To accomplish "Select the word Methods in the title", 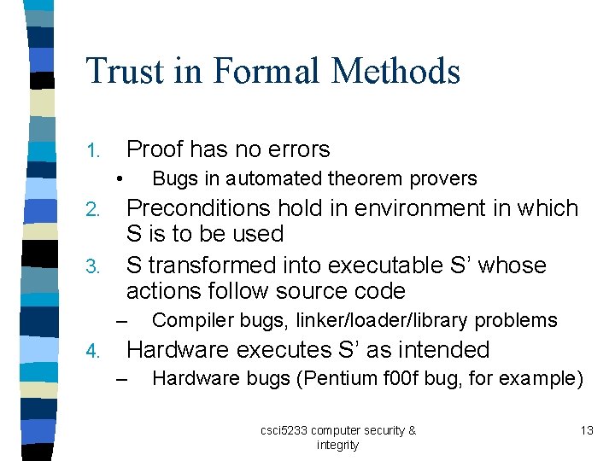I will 395,72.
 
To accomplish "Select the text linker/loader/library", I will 382,321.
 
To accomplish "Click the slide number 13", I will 587,430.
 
